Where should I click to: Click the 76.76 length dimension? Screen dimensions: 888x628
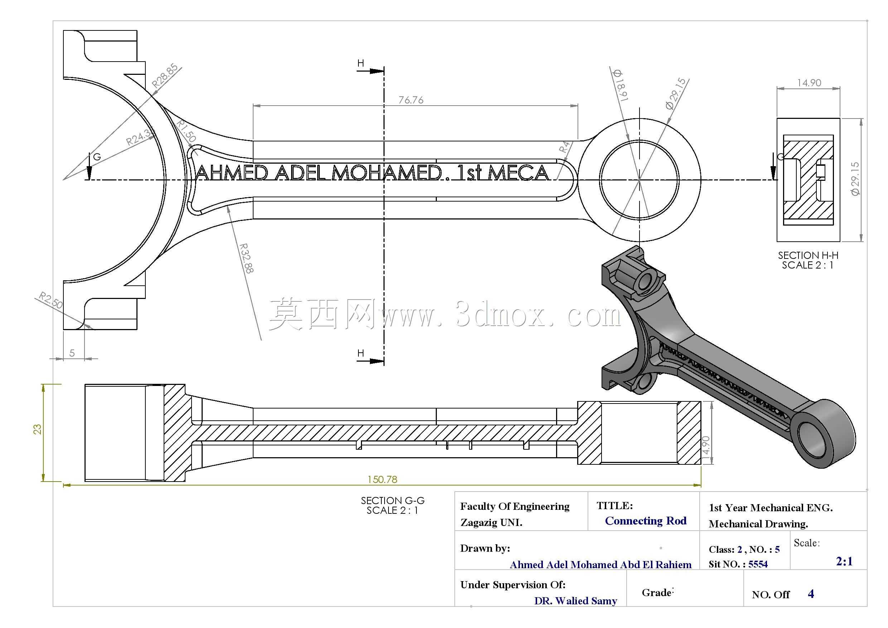pyautogui.click(x=411, y=100)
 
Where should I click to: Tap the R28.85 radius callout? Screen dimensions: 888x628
pyautogui.click(x=165, y=76)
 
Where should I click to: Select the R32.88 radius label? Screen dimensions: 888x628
pyautogui.click(x=246, y=258)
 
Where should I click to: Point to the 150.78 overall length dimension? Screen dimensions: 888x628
pyautogui.click(x=382, y=479)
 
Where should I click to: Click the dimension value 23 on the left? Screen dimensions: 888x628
pyautogui.click(x=38, y=429)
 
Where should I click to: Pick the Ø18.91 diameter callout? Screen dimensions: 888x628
pyautogui.click(x=621, y=86)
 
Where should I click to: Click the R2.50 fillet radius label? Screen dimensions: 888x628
pyautogui.click(x=50, y=300)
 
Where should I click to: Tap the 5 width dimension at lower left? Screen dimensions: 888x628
pyautogui.click(x=72, y=353)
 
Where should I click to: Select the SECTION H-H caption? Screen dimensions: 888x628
pyautogui.click(x=808, y=255)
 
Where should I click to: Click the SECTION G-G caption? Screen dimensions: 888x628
pyautogui.click(x=392, y=501)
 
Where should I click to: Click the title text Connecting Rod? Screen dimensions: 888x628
pyautogui.click(x=646, y=521)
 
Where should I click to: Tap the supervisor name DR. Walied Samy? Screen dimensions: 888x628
pyautogui.click(x=575, y=600)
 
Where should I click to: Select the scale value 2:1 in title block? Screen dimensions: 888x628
pyautogui.click(x=844, y=561)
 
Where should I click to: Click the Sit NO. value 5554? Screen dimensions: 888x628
pyautogui.click(x=758, y=564)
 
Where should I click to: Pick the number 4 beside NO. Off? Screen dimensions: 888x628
pyautogui.click(x=811, y=594)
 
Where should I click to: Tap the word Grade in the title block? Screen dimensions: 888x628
pyautogui.click(x=656, y=593)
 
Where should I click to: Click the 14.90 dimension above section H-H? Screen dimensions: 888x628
pyautogui.click(x=809, y=83)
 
